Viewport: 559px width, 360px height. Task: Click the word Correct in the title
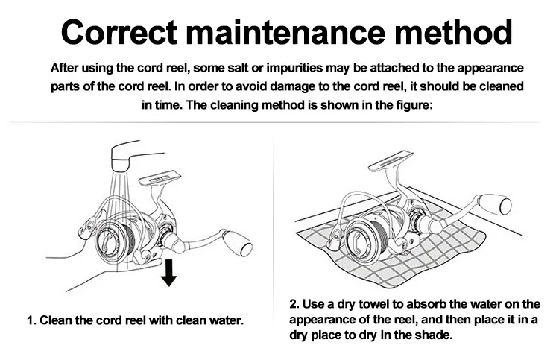[119, 33]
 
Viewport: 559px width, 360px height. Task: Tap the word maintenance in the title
[285, 33]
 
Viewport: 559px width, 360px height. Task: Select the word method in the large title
[453, 33]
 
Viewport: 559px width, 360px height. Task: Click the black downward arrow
[168, 273]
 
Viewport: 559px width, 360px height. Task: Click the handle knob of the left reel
[239, 243]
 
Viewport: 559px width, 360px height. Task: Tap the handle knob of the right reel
[496, 204]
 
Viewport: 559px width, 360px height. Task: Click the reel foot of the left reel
[160, 178]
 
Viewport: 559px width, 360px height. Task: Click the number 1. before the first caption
[32, 320]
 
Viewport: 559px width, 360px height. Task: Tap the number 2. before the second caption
[294, 304]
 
